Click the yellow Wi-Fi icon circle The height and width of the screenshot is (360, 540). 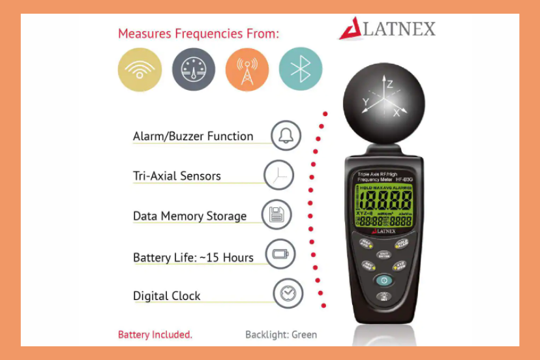point(140,69)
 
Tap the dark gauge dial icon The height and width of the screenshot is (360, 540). point(194,69)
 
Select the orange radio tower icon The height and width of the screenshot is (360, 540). point(247,69)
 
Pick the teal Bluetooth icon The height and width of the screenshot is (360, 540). point(301,69)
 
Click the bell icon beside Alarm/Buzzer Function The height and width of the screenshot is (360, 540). point(286,136)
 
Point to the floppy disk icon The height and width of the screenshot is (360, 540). point(277,215)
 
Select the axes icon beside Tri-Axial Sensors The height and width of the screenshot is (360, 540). point(278,175)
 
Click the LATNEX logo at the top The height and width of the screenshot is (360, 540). point(387,29)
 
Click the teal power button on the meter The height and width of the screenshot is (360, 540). point(383,280)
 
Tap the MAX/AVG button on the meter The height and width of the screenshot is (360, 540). point(366,243)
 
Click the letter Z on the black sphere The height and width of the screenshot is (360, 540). point(389,84)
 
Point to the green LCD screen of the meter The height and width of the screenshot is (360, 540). point(384,205)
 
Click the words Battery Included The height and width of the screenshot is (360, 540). point(155,335)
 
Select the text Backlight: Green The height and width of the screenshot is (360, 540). point(281,335)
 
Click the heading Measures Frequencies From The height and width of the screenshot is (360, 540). point(198,34)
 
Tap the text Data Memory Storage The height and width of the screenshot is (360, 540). point(190,216)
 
